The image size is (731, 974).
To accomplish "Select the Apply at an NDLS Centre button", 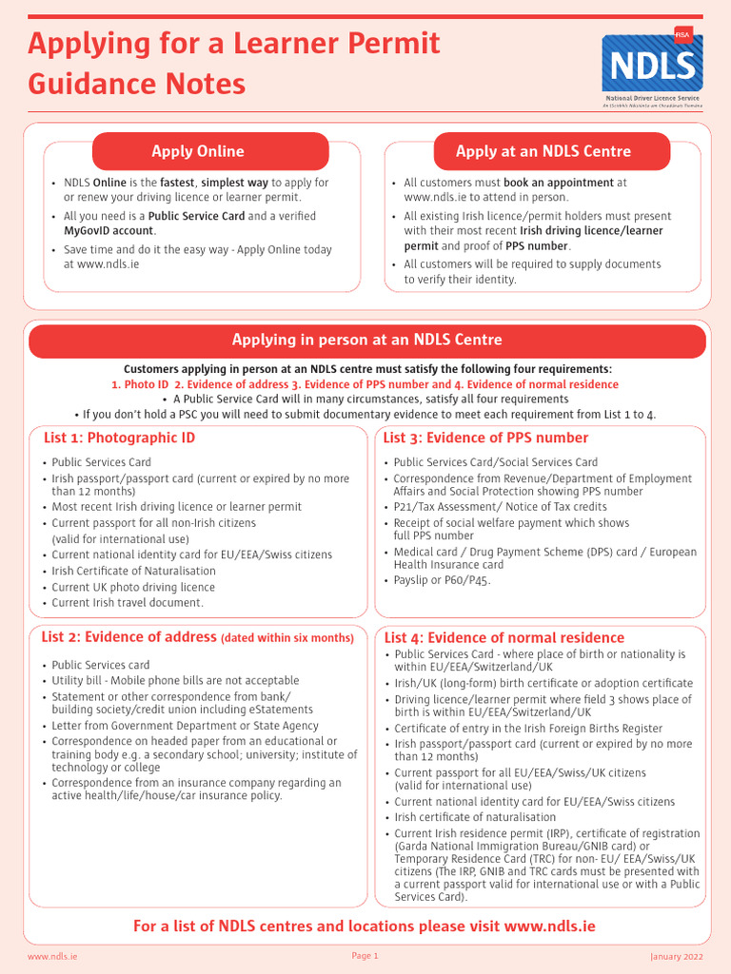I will pyautogui.click(x=543, y=151).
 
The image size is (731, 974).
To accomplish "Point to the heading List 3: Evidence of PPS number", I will pyautogui.click(x=485, y=438).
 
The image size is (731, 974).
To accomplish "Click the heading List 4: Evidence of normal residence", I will pyautogui.click(x=504, y=637).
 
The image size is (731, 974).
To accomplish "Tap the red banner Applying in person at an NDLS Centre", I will pyautogui.click(x=366, y=341).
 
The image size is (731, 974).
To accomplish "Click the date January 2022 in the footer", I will pyautogui.click(x=676, y=956).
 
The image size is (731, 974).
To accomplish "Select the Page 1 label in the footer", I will pyautogui.click(x=365, y=956).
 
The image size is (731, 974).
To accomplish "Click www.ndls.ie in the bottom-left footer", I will pyautogui.click(x=52, y=956).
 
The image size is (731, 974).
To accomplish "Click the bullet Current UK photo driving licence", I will pyautogui.click(x=133, y=587).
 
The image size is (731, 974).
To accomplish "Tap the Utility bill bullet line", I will pyautogui.click(x=175, y=680).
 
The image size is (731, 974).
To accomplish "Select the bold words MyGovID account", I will pyautogui.click(x=108, y=230).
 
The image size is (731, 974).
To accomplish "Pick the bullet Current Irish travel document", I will pyautogui.click(x=128, y=602).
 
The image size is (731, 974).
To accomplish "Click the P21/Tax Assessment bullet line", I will pyautogui.click(x=501, y=507).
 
